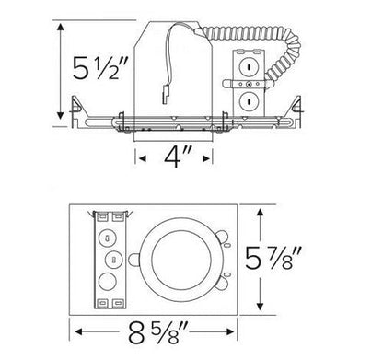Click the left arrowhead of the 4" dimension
pos(143,157)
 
